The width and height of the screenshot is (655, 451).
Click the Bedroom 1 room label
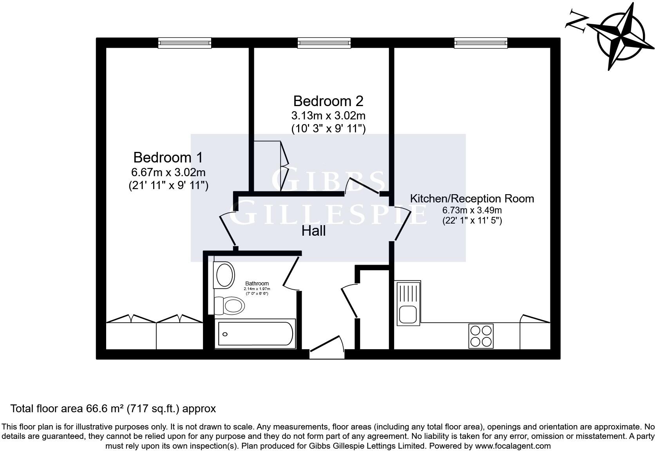tap(168, 157)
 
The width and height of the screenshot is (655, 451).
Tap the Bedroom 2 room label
tap(328, 101)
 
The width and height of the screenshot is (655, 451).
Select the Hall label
tap(313, 231)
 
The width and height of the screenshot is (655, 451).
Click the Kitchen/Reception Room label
tap(472, 198)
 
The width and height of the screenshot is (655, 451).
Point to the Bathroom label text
tap(257, 283)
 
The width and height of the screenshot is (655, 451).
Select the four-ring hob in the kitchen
tap(481, 336)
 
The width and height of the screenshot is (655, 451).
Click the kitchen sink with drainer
tap(409, 303)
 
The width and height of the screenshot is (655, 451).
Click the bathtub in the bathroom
tap(255, 334)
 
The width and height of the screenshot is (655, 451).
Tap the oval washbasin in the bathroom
tap(224, 274)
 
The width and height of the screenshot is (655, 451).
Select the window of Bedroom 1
tap(185, 43)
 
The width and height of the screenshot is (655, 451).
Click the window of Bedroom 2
tap(324, 43)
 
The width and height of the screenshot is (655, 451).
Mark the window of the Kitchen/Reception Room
tap(481, 43)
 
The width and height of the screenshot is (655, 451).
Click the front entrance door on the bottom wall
tap(327, 348)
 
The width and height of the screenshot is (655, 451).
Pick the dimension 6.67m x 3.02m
tap(168, 172)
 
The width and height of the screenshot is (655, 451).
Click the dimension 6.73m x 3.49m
tap(472, 210)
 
